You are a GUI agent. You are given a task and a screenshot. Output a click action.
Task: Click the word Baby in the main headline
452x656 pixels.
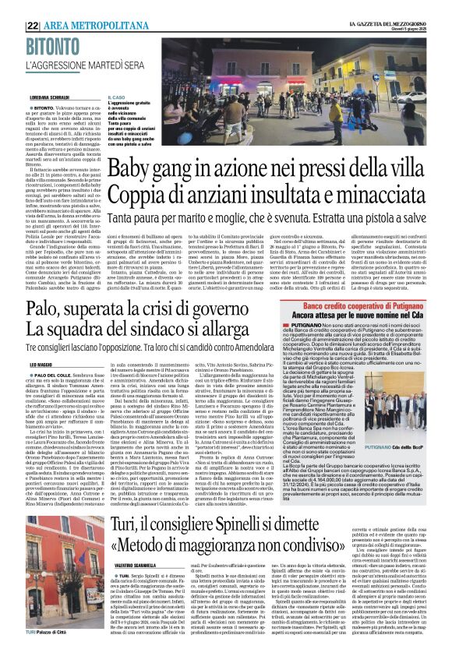(x=130, y=168)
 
